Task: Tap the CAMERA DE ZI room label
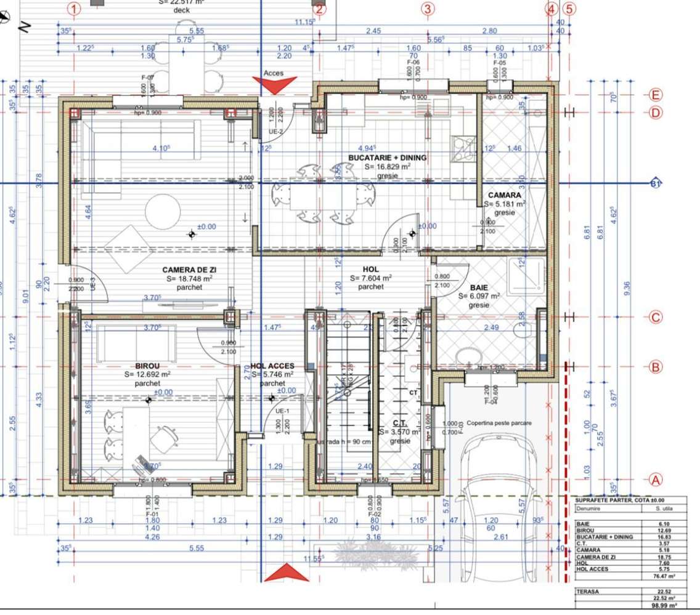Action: (x=189, y=270)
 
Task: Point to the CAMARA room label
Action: (x=505, y=195)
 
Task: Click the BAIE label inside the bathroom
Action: (x=479, y=287)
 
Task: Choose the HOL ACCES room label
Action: (x=272, y=366)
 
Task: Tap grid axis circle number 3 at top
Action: (x=428, y=9)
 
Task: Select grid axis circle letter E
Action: (x=655, y=95)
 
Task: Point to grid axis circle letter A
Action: (x=655, y=480)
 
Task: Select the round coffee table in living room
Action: (x=163, y=211)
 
